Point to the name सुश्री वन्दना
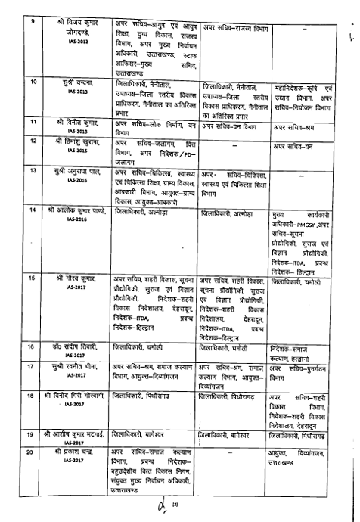(x=72, y=80)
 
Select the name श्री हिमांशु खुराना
(x=72, y=142)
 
